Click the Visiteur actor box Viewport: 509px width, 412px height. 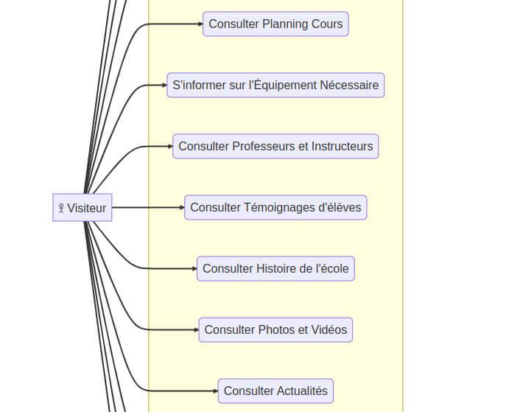pyautogui.click(x=83, y=208)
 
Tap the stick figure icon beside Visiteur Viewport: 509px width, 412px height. pyautogui.click(x=61, y=209)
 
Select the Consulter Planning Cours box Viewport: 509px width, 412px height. pyautogui.click(x=275, y=24)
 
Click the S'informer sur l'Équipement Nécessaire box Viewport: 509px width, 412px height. pyautogui.click(x=275, y=85)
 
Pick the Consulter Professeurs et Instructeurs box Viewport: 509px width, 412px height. pyautogui.click(x=275, y=146)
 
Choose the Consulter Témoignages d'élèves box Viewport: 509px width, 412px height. pyautogui.click(x=275, y=207)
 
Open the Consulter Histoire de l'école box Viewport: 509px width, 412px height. pyautogui.click(x=275, y=268)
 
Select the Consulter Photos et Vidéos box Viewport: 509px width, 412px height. pyautogui.click(x=275, y=329)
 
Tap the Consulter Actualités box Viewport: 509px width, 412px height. pyautogui.click(x=275, y=391)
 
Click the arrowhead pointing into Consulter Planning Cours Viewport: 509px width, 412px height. pyautogui.click(x=200, y=24)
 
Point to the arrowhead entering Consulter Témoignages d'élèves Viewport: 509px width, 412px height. pyautogui.click(x=181, y=207)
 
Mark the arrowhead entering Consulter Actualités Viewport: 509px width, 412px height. pyautogui.click(x=214, y=391)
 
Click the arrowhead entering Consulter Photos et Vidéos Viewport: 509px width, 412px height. pyautogui.click(x=195, y=329)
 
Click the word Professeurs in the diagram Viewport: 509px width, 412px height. pyautogui.click(x=263, y=146)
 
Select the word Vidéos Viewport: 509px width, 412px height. pyautogui.click(x=329, y=329)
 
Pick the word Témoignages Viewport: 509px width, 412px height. pyautogui.click(x=278, y=207)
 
